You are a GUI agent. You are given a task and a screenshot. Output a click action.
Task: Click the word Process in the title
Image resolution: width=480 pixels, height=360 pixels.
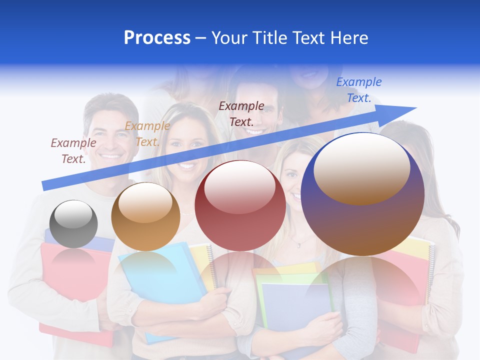pyautogui.click(x=157, y=38)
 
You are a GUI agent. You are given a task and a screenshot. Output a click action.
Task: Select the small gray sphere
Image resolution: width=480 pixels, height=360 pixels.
pyautogui.click(x=74, y=224)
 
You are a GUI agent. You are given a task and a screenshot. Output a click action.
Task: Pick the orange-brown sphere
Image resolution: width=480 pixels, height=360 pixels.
pyautogui.click(x=145, y=217)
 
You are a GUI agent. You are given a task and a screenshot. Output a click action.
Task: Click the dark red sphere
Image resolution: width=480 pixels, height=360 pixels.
pyautogui.click(x=240, y=206)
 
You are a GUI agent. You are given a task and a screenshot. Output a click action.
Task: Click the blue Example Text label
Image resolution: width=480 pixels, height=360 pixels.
pyautogui.click(x=359, y=90)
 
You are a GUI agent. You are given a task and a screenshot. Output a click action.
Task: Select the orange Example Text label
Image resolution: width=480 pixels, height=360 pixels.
pyautogui.click(x=147, y=134)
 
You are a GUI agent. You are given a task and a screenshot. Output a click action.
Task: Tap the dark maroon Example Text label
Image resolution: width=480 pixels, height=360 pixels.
pyautogui.click(x=241, y=113)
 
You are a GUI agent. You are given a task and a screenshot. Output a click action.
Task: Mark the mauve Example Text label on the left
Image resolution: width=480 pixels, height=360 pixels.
pyautogui.click(x=73, y=150)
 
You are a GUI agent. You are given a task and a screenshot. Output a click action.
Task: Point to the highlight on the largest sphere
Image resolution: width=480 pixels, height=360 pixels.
pyautogui.click(x=361, y=169)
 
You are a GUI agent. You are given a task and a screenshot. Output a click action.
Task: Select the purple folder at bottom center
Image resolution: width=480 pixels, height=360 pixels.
pyautogui.click(x=295, y=305)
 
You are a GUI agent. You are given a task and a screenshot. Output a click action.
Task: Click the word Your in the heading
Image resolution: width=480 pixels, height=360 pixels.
pyautogui.click(x=228, y=38)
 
